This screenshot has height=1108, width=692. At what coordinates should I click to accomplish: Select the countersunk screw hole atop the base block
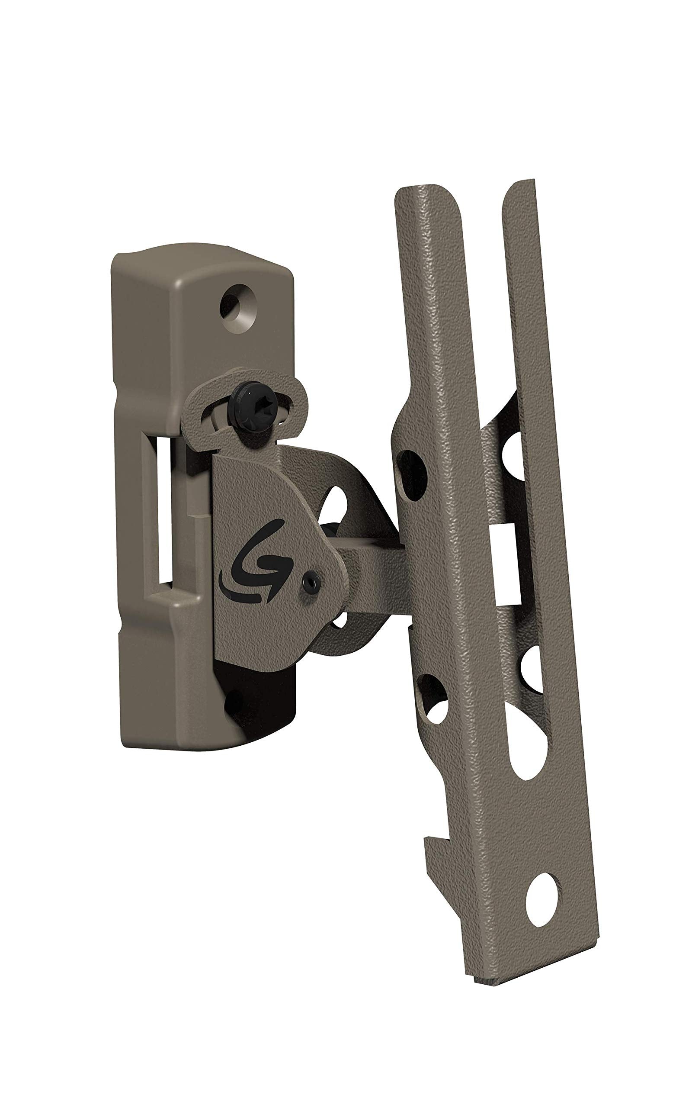click(x=237, y=304)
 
